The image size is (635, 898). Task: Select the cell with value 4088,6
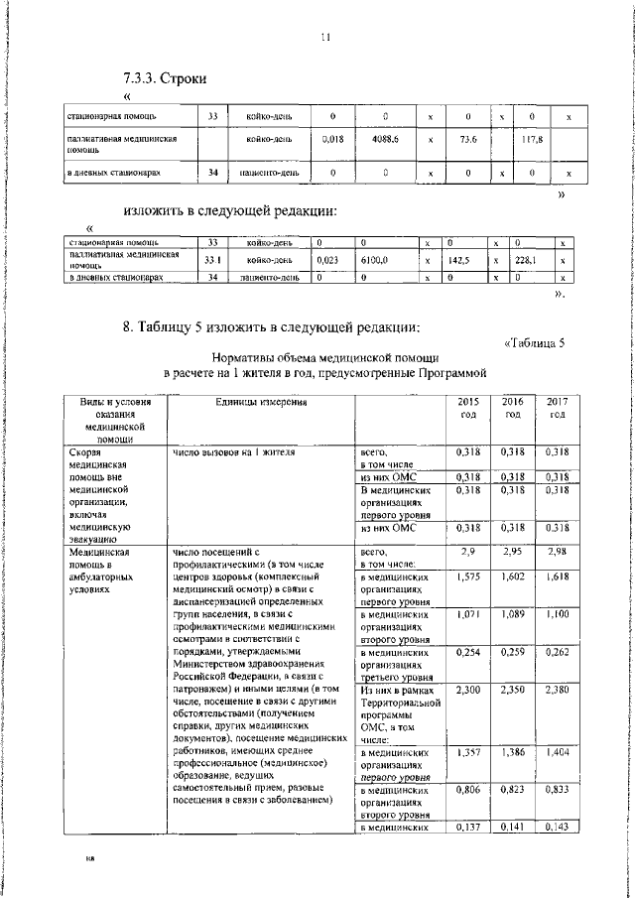coord(385,141)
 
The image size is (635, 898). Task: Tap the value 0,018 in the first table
coord(333,141)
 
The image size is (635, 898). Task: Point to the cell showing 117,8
coord(534,141)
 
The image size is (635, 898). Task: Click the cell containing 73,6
coord(469,141)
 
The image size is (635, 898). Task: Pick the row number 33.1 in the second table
coord(211,260)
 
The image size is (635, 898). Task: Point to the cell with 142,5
coord(457,260)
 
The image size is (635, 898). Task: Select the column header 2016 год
coord(512,408)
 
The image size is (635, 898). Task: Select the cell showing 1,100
coord(558,615)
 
